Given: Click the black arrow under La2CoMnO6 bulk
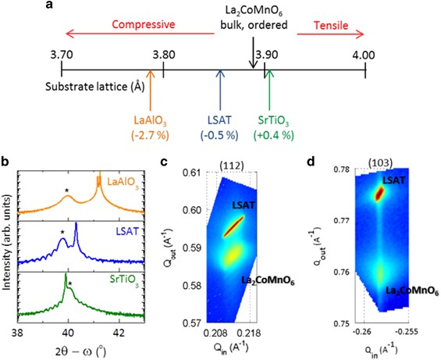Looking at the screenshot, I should [x=252, y=58].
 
